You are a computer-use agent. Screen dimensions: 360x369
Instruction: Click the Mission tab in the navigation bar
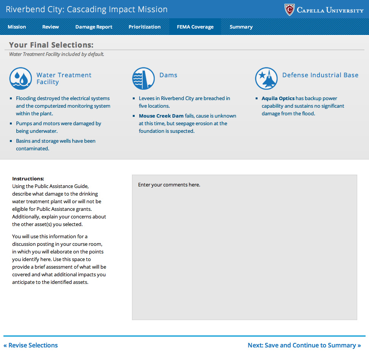[x=17, y=27]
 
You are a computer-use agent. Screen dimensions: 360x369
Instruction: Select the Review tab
[x=51, y=27]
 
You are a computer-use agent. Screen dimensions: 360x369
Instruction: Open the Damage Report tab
[x=94, y=27]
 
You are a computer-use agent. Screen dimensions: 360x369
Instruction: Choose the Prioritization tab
[x=145, y=27]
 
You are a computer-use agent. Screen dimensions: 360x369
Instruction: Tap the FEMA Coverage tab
[x=195, y=27]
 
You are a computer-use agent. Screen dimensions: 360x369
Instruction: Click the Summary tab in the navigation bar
[x=241, y=27]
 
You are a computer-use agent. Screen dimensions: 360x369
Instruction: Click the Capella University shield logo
[x=289, y=10]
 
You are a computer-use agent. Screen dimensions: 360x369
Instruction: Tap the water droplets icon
[x=21, y=79]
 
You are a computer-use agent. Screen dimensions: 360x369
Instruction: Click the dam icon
[x=143, y=79]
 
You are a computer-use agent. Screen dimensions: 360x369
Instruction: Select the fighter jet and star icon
[x=266, y=79]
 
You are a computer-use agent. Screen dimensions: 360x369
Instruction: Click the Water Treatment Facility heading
[x=64, y=78]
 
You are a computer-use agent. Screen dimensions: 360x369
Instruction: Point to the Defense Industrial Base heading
[x=320, y=75]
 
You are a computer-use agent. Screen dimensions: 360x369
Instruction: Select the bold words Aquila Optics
[x=278, y=98]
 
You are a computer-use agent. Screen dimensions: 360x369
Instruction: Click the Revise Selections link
[x=30, y=345]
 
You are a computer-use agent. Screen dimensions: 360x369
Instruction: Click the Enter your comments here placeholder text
[x=169, y=185]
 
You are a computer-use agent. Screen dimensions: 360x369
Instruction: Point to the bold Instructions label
[x=28, y=178]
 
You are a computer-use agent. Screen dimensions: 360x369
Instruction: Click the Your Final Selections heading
[x=51, y=45]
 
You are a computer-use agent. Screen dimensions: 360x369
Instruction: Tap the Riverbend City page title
[x=87, y=9]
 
